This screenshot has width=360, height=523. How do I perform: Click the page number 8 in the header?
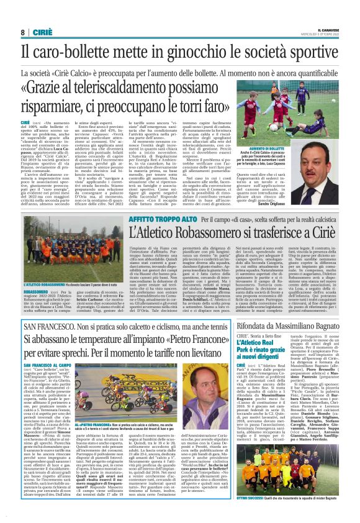pos(22,32)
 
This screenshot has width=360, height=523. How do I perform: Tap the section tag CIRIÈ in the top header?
pos(42,32)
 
